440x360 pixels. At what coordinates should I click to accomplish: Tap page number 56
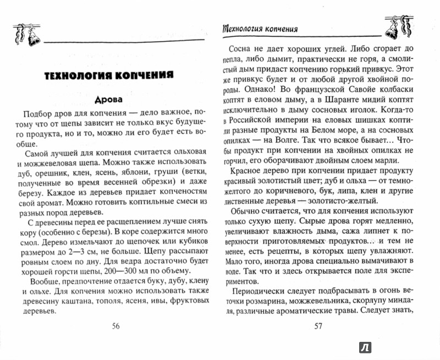coord(116,325)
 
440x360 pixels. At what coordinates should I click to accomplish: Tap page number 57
coord(318,325)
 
